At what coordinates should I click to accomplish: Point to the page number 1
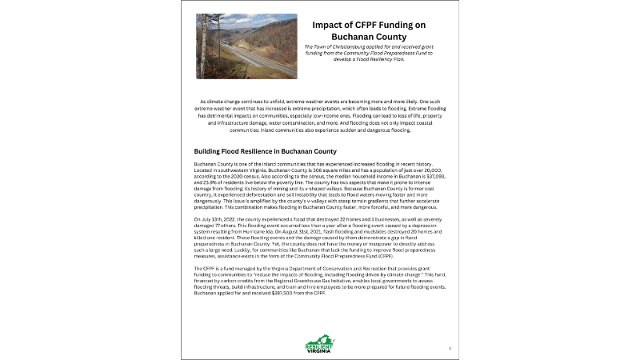click(450, 348)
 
